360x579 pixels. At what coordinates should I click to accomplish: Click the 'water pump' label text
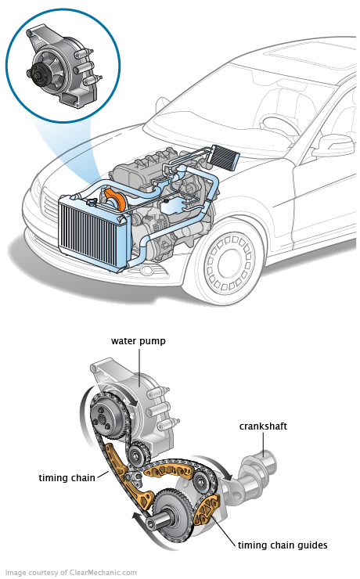[x=139, y=341]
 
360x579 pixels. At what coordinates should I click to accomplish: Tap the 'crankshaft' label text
[x=263, y=426]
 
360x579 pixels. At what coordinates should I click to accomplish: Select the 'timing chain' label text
[x=67, y=478]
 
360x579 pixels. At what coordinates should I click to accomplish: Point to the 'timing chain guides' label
[x=283, y=545]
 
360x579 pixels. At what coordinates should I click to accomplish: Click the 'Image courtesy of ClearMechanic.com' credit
[x=71, y=573]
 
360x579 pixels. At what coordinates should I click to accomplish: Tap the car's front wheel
[x=229, y=262]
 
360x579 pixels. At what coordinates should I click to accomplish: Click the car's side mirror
[x=334, y=143]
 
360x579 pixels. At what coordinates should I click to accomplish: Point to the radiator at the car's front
[x=93, y=232]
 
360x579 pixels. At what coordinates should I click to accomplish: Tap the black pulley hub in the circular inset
[x=37, y=72]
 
